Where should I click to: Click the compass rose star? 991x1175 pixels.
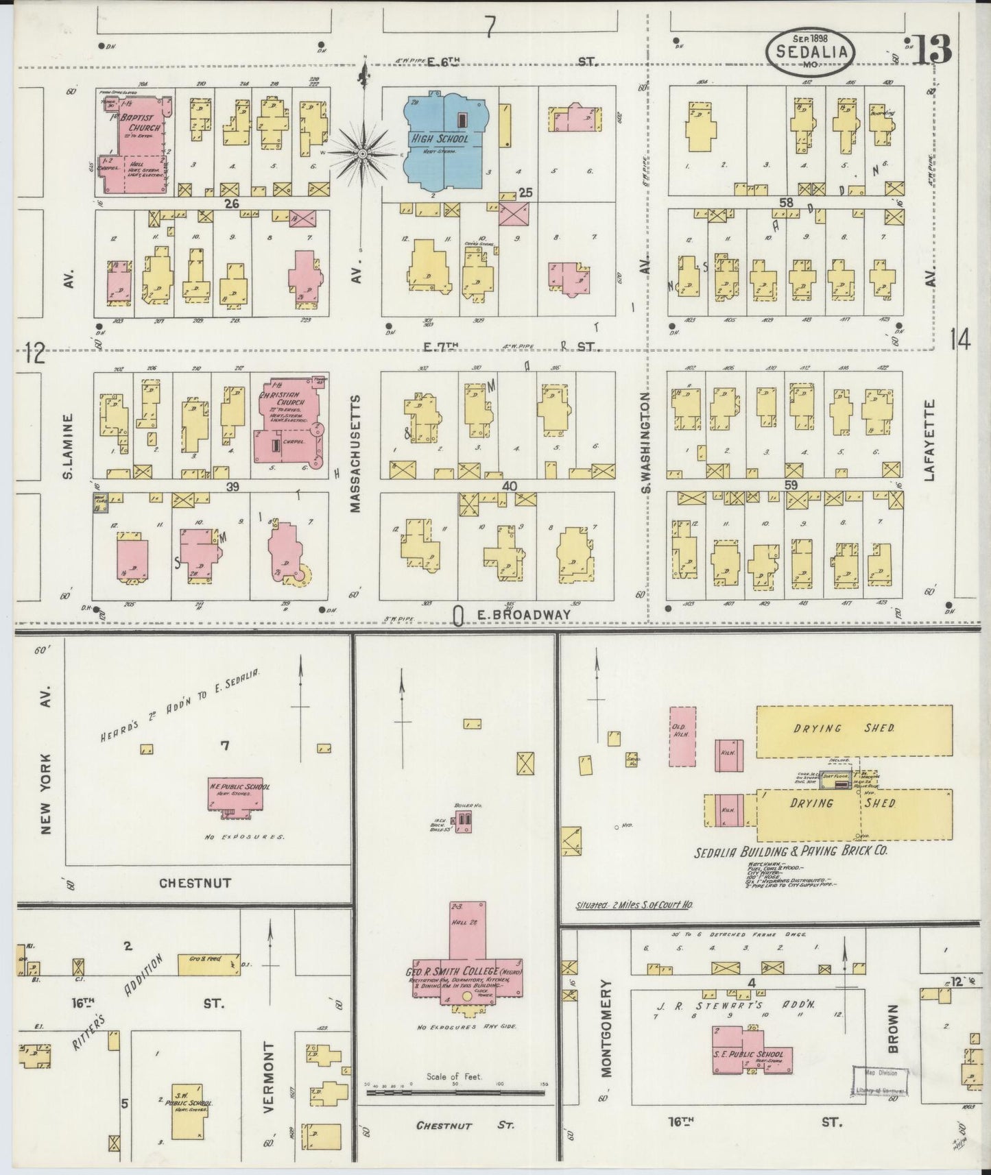[x=362, y=156]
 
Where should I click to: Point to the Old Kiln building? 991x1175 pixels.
[x=682, y=736]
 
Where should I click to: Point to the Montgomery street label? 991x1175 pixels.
[x=606, y=1028]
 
